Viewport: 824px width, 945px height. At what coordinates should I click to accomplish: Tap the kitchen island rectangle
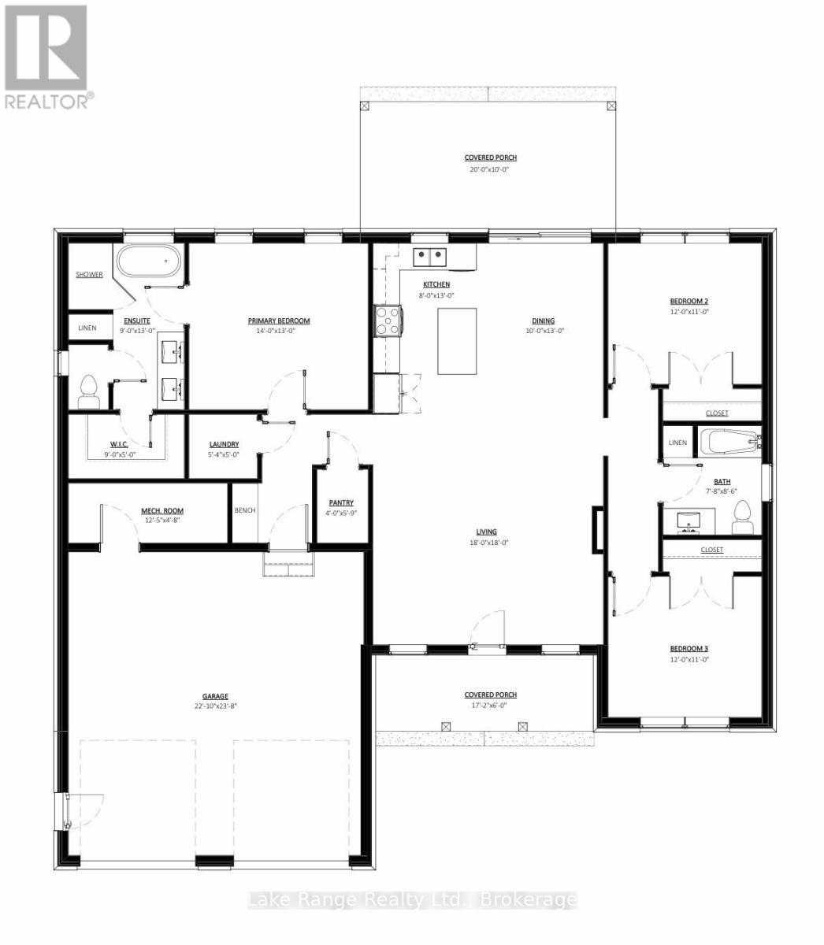click(x=457, y=341)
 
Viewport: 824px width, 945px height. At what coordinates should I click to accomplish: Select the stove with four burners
click(x=388, y=321)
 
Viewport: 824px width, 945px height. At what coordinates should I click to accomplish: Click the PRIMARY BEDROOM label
click(x=279, y=321)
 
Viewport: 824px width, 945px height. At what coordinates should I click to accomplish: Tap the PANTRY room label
click(x=341, y=502)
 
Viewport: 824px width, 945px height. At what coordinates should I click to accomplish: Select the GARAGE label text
click(x=215, y=696)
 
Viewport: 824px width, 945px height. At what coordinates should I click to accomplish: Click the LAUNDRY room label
click(x=225, y=444)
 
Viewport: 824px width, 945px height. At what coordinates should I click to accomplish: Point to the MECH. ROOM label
click(x=162, y=510)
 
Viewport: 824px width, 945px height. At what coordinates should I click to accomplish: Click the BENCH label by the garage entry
click(x=245, y=510)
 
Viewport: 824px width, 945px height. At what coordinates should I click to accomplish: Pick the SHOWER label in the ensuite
click(x=89, y=274)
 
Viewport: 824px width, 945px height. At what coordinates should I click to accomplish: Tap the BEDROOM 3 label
click(x=689, y=649)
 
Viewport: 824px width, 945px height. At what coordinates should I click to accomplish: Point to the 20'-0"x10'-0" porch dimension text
click(x=490, y=169)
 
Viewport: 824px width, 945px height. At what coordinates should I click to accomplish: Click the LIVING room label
click(x=487, y=532)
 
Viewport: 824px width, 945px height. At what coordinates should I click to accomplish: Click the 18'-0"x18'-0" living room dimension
click(x=487, y=543)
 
